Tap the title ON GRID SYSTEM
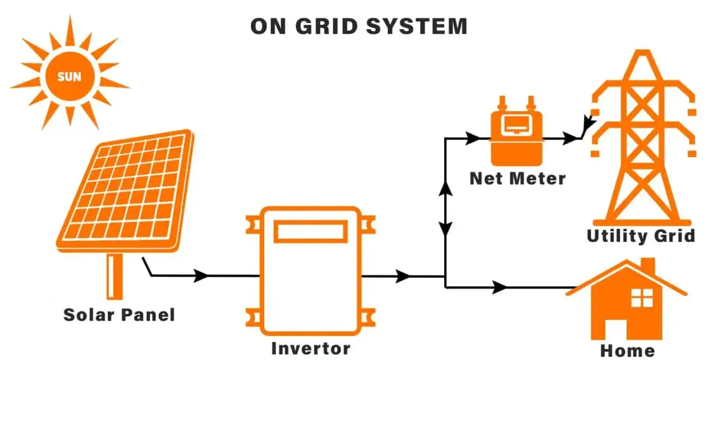click(358, 26)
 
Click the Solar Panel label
click(119, 315)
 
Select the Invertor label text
click(311, 349)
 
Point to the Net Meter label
click(517, 179)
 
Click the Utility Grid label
click(641, 236)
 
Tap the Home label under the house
click(628, 351)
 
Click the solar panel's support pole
click(114, 276)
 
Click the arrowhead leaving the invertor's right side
click(403, 276)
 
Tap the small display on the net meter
click(517, 127)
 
